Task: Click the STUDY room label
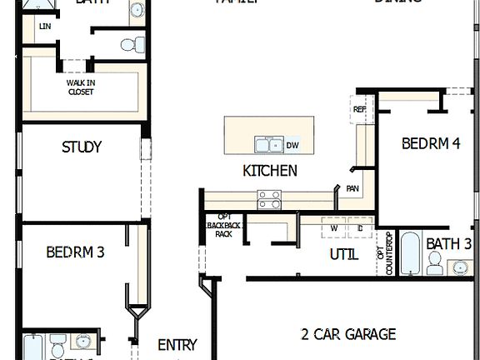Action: coord(82,147)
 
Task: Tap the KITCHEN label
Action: coord(269,171)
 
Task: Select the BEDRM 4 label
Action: coord(431,143)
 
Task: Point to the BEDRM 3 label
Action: coord(75,251)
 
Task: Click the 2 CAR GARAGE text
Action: coord(347,334)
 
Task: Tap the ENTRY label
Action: coord(177,344)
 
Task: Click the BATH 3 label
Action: coord(449,244)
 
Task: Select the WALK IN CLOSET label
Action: coord(81,87)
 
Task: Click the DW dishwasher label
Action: coord(292,146)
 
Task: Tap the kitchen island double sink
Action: coord(268,146)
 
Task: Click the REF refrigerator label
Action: coord(360,109)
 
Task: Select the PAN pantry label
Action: coord(353,188)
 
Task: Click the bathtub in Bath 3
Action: coord(412,253)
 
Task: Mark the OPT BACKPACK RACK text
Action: coord(223,226)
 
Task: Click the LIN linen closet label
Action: coord(44,27)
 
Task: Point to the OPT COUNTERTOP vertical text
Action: coord(387,253)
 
